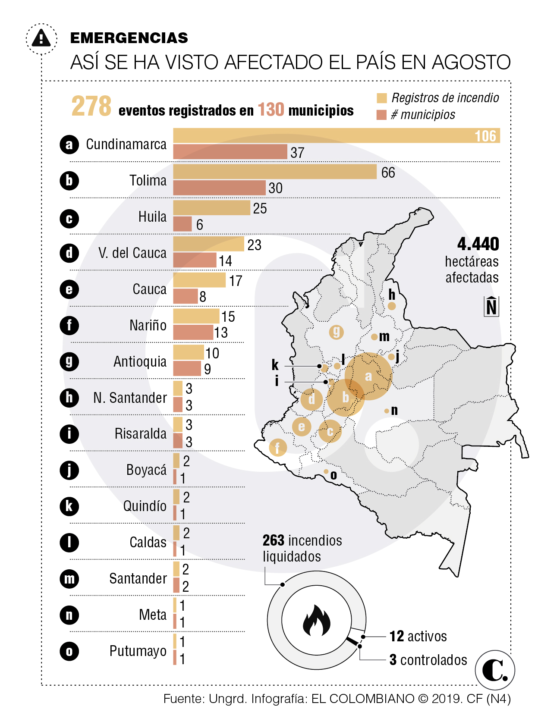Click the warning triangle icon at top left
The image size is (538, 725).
[41, 38]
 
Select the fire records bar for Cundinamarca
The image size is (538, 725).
[336, 135]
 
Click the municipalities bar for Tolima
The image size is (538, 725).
[219, 188]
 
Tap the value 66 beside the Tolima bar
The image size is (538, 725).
[388, 173]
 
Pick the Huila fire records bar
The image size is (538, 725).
[211, 208]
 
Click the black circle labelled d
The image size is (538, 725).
[69, 253]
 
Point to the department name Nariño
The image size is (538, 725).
[148, 325]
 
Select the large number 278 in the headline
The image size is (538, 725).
[91, 106]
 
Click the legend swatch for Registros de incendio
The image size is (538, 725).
[381, 98]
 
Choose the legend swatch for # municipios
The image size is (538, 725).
[381, 115]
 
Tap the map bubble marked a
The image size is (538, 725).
[368, 376]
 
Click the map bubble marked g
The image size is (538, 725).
[336, 332]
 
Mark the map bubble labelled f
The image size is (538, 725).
[277, 447]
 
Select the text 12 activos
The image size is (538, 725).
[418, 636]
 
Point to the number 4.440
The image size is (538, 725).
[478, 244]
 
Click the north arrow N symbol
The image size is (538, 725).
[491, 307]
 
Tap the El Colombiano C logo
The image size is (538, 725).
[494, 670]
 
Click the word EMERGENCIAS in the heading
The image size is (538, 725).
[129, 38]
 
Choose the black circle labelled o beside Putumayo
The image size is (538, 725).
[69, 651]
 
